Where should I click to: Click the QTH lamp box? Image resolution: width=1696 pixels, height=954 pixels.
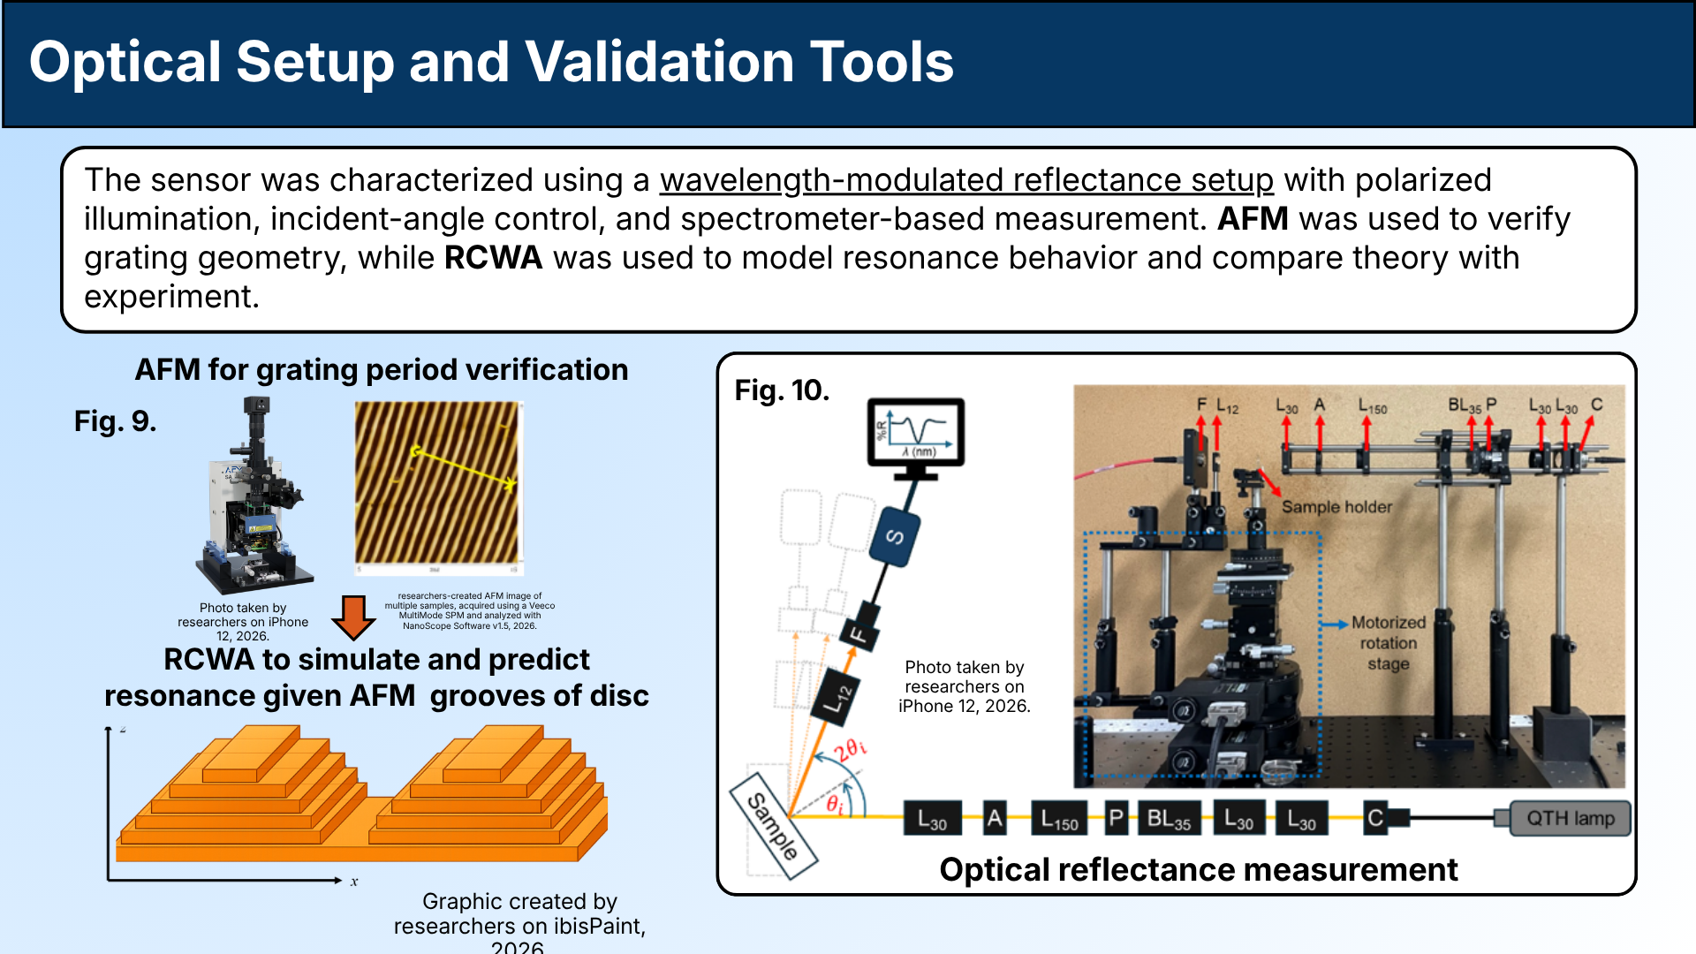pos(1570,818)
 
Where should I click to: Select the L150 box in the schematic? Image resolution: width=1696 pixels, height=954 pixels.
pos(1059,819)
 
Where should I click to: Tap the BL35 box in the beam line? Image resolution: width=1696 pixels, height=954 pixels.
pos(1169,819)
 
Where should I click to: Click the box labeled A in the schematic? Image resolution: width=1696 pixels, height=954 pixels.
pos(995,819)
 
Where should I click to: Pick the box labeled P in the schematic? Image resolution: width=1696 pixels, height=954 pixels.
pos(1117,819)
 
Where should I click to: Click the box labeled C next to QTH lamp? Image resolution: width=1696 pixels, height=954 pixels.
pos(1375,819)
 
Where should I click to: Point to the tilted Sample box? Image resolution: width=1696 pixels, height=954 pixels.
pos(773,826)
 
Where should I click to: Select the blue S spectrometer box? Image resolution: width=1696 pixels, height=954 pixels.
pos(894,536)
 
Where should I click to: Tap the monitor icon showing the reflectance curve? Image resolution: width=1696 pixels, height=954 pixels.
pos(916,433)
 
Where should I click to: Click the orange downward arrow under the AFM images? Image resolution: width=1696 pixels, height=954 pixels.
pos(353,617)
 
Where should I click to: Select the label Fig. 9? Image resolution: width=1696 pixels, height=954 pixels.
pos(115,421)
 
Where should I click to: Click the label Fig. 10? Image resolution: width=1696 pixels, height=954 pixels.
pos(782,390)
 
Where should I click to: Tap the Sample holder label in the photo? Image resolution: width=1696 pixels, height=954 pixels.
pos(1336,507)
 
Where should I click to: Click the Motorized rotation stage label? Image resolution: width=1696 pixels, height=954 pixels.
pos(1388,643)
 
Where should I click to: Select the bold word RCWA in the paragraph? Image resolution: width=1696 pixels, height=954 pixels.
pos(492,258)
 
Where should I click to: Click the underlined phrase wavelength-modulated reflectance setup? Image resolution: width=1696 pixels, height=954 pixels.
pos(966,180)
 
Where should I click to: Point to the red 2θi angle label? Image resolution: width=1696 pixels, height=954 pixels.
pos(850,750)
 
